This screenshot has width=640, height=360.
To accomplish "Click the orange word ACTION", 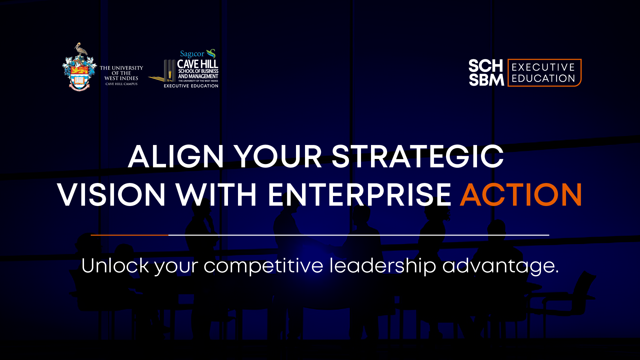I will [521, 195].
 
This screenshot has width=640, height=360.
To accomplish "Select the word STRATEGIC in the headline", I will [417, 157].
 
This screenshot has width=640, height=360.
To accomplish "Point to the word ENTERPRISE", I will [360, 195].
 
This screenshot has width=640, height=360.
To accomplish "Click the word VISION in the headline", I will [111, 195].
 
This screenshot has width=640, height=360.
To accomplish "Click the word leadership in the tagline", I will [383, 266].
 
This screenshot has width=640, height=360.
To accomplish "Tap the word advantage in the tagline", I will [500, 266].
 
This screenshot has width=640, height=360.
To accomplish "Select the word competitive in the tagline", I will [263, 266].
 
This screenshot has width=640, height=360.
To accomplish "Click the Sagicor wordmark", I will [192, 54].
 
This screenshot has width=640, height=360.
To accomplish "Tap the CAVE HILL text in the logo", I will [198, 64].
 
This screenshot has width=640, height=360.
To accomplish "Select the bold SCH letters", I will [486, 66].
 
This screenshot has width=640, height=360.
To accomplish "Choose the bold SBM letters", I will [486, 80].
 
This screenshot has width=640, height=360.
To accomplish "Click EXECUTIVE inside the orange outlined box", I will [543, 67].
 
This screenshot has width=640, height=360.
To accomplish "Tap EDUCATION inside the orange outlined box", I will [543, 79].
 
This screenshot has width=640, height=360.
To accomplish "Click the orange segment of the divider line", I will [129, 235].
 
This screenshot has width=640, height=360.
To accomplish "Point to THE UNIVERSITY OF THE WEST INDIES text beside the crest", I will [121, 73].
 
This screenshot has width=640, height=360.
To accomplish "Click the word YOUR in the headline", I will [278, 157].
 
